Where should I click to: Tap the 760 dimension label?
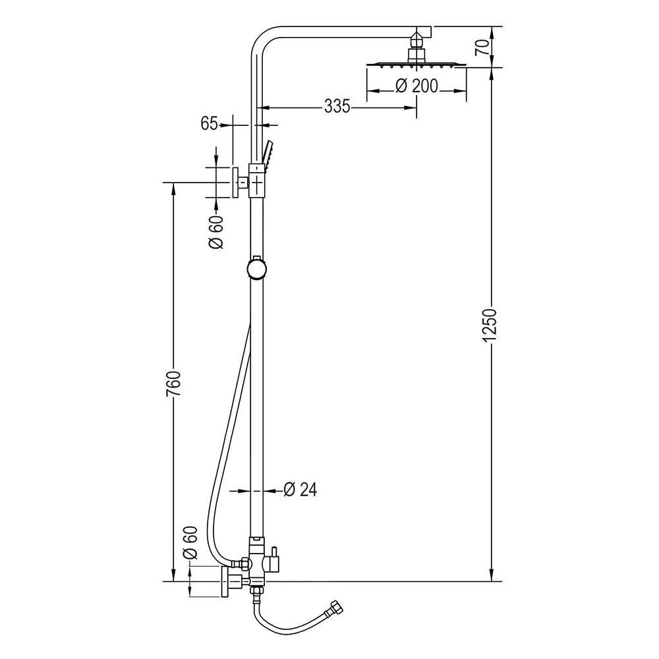pos(173,384)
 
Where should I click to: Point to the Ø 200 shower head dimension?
pos(416,86)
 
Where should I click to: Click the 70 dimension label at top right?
pos(482,47)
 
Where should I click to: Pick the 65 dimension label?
pos(210,124)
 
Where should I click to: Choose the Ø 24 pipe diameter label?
pos(300,490)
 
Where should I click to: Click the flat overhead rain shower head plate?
pos(416,65)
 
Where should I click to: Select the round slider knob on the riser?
pos(256,269)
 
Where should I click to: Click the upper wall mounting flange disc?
pos(235,182)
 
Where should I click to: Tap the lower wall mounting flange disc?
pos(225,582)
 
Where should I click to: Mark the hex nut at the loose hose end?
pos(337,608)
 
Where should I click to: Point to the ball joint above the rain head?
pos(416,41)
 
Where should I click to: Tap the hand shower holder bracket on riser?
pos(257,181)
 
